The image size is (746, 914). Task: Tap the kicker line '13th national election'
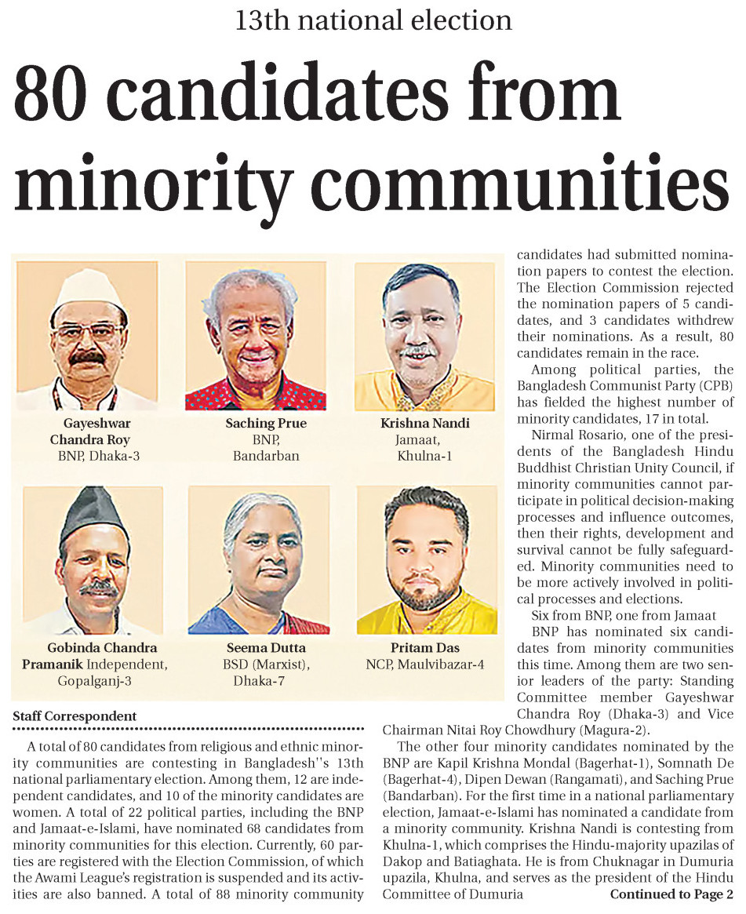pos(373,19)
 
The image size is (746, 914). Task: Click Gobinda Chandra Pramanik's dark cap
pos(93,511)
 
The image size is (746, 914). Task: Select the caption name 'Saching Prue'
pos(265,424)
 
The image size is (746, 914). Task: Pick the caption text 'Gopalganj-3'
pos(94,680)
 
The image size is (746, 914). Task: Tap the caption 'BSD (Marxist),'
pos(265,665)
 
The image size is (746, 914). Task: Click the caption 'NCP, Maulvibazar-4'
pos(425,665)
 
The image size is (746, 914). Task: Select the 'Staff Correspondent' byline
pos(75,716)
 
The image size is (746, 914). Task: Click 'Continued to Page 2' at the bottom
pos(671,894)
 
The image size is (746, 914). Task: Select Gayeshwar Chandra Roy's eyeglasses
pos(89,330)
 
